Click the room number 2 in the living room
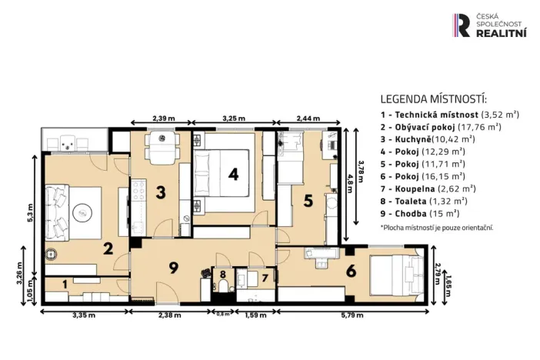108,248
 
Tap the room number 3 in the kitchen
160,192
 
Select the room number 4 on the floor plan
234,174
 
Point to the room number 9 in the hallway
175,268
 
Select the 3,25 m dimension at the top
233,119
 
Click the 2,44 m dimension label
312,119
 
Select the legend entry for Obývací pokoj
441,126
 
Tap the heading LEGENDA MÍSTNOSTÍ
434,98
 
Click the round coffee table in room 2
82,210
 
